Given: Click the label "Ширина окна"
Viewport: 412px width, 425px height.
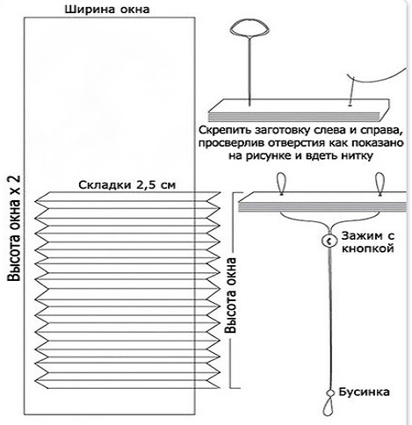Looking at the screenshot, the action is (107, 9).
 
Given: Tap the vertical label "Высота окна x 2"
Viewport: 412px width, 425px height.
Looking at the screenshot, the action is (14, 228).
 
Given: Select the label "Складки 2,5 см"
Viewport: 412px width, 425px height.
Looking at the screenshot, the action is (127, 185).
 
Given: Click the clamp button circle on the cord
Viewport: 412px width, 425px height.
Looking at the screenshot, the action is (329, 241).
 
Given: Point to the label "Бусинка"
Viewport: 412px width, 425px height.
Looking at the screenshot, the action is (365, 392).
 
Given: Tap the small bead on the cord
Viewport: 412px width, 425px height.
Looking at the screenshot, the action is (331, 393).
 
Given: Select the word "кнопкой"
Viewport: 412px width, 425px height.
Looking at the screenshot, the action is (368, 249).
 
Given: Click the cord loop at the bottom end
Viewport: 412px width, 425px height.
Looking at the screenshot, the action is (329, 407).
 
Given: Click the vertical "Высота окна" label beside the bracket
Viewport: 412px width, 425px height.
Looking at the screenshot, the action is (230, 295).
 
